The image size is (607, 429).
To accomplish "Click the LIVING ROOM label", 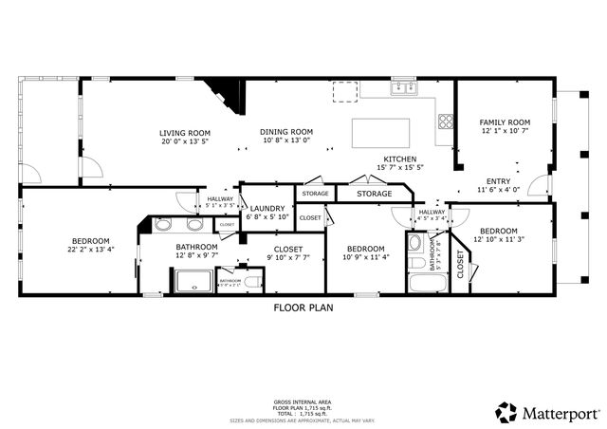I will [x=185, y=133].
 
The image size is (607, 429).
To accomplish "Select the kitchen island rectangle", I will [x=381, y=133].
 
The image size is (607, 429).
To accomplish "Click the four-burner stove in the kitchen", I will [x=444, y=121].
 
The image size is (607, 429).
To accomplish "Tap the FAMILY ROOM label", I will [x=504, y=122].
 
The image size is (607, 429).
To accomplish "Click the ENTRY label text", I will [x=498, y=181].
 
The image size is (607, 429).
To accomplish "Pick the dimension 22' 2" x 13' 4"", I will [x=92, y=250].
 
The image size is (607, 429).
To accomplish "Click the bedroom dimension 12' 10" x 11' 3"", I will [x=498, y=239].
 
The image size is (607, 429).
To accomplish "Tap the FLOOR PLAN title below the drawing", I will [x=303, y=308].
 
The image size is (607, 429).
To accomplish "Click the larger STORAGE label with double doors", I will [x=375, y=194].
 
